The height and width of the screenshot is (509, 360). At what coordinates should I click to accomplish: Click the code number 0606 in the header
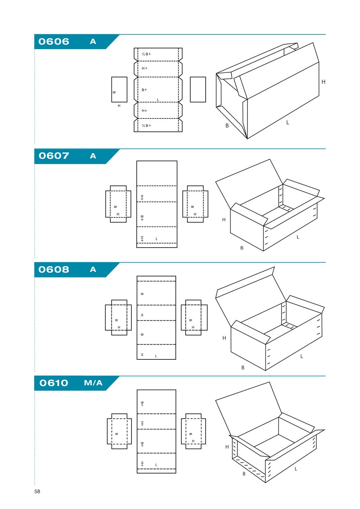point(54,41)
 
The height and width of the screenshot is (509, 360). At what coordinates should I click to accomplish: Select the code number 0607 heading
point(54,156)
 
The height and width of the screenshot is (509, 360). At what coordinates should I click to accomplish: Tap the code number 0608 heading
point(54,269)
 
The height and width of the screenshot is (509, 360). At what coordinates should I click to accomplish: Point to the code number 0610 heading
point(54,383)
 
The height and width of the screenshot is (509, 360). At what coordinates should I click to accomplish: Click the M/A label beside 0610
point(93,383)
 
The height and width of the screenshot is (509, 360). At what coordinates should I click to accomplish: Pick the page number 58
point(37,491)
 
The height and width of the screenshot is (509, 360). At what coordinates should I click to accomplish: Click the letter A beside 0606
point(93,41)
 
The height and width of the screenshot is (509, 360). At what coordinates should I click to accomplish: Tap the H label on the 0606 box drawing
point(323,82)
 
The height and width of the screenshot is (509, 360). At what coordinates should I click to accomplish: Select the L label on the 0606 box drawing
point(288,123)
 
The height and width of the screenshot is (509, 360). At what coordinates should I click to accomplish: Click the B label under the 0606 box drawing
point(227,126)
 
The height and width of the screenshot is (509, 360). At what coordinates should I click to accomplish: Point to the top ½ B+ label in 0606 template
point(146,54)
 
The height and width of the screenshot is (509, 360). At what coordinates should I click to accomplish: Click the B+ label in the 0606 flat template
point(144,90)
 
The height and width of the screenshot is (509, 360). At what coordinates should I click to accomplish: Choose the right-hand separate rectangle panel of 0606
point(198,90)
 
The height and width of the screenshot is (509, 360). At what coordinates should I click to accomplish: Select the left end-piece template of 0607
point(118,204)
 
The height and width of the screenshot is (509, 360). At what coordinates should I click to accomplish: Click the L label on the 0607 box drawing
point(298,237)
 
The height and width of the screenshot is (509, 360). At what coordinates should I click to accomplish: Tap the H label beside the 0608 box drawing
point(224,338)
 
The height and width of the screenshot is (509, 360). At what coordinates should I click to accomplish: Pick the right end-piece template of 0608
point(194,318)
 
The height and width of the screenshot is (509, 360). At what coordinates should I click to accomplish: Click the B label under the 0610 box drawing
point(244,474)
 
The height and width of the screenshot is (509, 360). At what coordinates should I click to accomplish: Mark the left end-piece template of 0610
point(119,431)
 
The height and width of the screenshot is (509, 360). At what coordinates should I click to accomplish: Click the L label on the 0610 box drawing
point(296,469)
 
